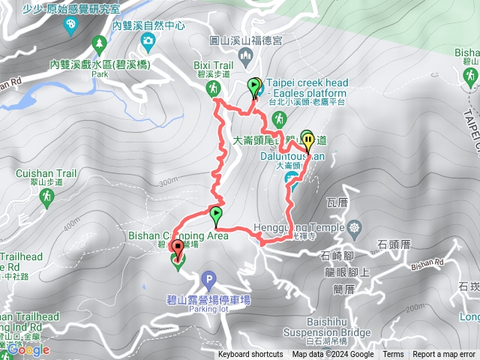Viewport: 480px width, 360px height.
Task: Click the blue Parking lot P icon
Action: tap(208, 281)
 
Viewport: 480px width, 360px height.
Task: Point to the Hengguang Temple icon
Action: tap(354, 227)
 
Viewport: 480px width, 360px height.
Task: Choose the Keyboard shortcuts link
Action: tap(250, 355)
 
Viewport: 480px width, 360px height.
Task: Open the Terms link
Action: tap(393, 355)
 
